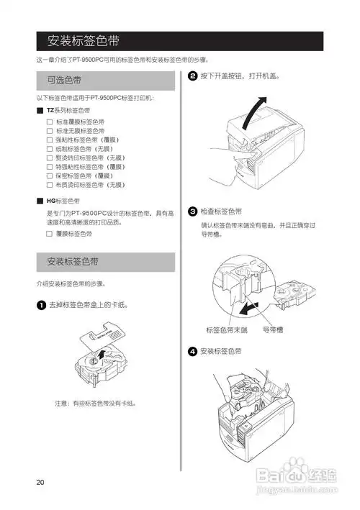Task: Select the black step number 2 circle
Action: (x=193, y=76)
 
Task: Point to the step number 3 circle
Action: (x=193, y=211)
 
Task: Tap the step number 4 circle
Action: (x=193, y=351)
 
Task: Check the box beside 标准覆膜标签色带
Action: (x=50, y=122)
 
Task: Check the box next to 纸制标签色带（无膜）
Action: (x=50, y=148)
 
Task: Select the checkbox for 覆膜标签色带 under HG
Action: (x=50, y=233)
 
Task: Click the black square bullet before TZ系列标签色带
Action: (x=40, y=111)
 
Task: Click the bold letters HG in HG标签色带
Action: (x=51, y=201)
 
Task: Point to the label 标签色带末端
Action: (x=226, y=329)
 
